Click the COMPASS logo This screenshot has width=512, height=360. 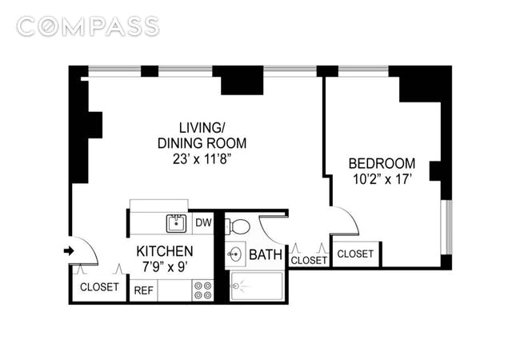tap(88, 26)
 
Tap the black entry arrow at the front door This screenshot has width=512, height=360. tap(69, 251)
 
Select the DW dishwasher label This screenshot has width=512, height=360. tap(203, 222)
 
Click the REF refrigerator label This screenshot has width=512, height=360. tap(144, 290)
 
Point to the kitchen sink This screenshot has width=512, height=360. tap(176, 223)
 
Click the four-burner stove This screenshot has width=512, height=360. tap(203, 290)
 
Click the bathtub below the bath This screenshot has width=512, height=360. tap(257, 286)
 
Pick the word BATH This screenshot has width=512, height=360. tap(266, 254)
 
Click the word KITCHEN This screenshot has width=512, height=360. tap(165, 251)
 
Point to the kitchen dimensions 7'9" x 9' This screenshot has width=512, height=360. tap(165, 267)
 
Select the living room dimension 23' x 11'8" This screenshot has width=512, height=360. tap(202, 159)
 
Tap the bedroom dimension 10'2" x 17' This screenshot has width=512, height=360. tap(382, 179)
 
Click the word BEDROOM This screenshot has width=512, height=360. tap(382, 163)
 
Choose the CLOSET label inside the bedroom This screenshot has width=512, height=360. tap(355, 254)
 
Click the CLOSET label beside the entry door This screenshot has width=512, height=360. tap(99, 287)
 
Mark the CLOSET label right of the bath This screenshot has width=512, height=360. tap(309, 260)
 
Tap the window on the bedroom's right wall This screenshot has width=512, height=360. tap(446, 227)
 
